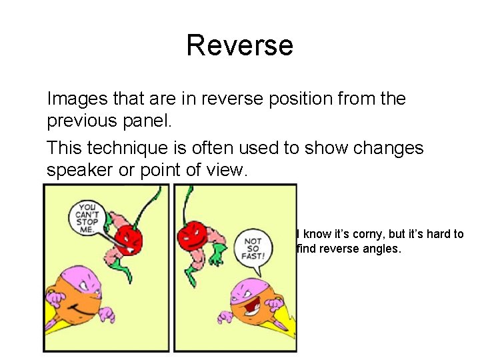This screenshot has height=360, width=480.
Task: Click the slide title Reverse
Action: coord(239,45)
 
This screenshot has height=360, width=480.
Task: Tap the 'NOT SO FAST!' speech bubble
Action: coord(254,249)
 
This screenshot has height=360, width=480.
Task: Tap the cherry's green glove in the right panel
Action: coord(216,252)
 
